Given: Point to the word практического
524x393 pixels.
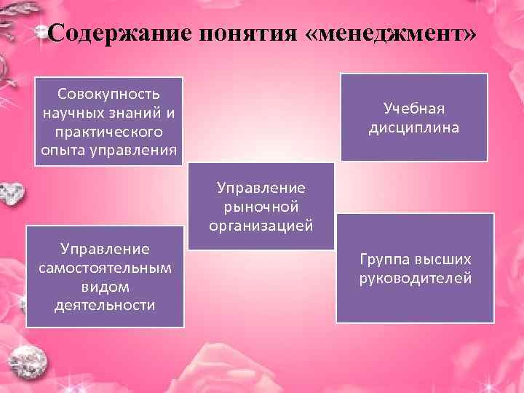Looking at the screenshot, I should pyautogui.click(x=109, y=132).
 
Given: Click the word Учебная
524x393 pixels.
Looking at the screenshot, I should pyautogui.click(x=414, y=108).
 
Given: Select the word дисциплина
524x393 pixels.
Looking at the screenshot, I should pyautogui.click(x=414, y=127).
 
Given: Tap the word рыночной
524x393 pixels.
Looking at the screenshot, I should pyautogui.click(x=261, y=207).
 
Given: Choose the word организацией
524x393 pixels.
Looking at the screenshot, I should pyautogui.click(x=261, y=226).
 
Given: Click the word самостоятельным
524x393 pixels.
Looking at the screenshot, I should pyautogui.click(x=106, y=267).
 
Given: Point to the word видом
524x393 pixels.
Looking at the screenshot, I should pyautogui.click(x=106, y=286).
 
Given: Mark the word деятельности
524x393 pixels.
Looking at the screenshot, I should pyautogui.click(x=106, y=305).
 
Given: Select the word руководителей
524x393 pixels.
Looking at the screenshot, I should pyautogui.click(x=415, y=278).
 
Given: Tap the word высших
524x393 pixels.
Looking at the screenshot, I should pyautogui.click(x=445, y=259).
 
